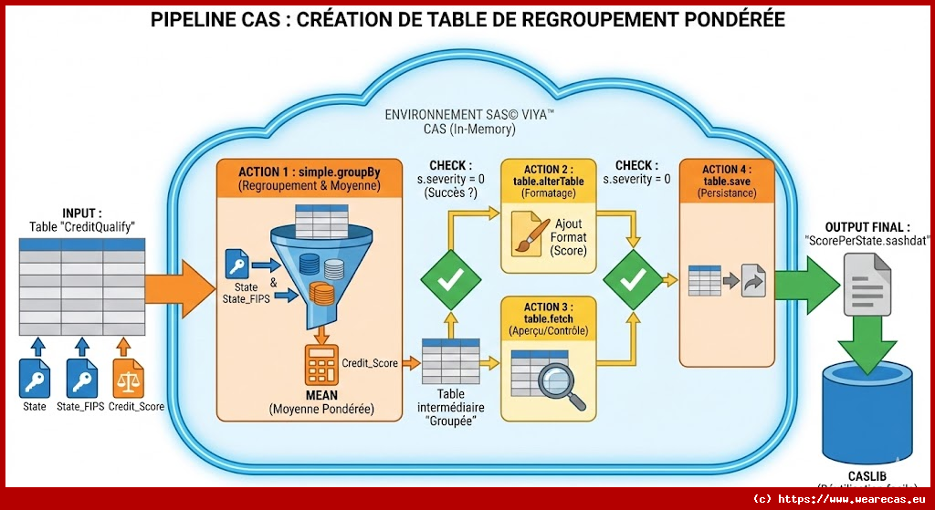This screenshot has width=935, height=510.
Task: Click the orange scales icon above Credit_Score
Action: click(x=125, y=378)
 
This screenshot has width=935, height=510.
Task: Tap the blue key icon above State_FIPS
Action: click(x=81, y=378)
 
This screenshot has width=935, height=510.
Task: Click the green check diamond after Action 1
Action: click(x=449, y=281)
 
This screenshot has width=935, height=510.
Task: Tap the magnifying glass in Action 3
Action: click(x=558, y=384)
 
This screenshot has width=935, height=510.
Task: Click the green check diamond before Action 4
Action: click(x=632, y=281)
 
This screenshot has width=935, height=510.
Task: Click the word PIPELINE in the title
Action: click(x=197, y=19)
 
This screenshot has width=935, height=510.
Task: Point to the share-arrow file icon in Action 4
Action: click(x=753, y=281)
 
